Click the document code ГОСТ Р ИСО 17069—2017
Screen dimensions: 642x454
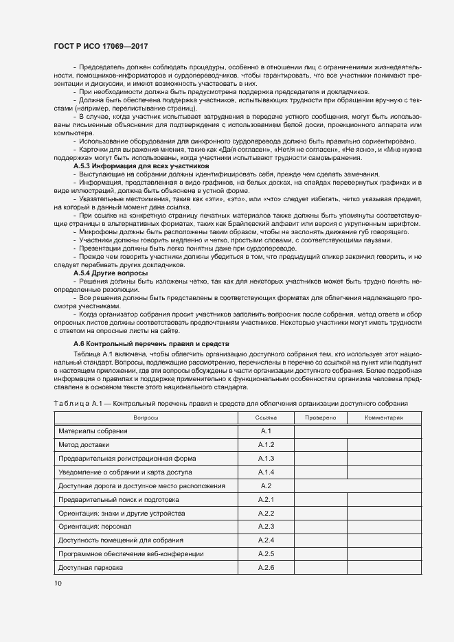[x=100, y=45]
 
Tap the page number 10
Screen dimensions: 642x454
[x=58, y=583]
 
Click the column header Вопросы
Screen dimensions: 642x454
[x=146, y=417]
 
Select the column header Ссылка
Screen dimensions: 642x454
[x=266, y=417]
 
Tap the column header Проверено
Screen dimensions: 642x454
[x=320, y=417]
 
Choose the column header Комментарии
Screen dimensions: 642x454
[x=384, y=417]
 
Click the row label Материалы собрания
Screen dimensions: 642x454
[x=93, y=431]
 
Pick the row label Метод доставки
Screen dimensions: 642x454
[x=84, y=444]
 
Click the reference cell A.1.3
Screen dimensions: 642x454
[x=266, y=458]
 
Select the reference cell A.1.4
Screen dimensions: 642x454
[x=266, y=472]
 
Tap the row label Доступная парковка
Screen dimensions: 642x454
[x=90, y=568]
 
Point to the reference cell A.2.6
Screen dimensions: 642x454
[x=266, y=568]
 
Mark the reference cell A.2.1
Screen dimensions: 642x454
[x=266, y=499]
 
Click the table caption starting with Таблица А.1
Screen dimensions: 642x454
[x=230, y=403]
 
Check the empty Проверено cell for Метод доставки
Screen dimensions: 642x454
[x=320, y=444]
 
